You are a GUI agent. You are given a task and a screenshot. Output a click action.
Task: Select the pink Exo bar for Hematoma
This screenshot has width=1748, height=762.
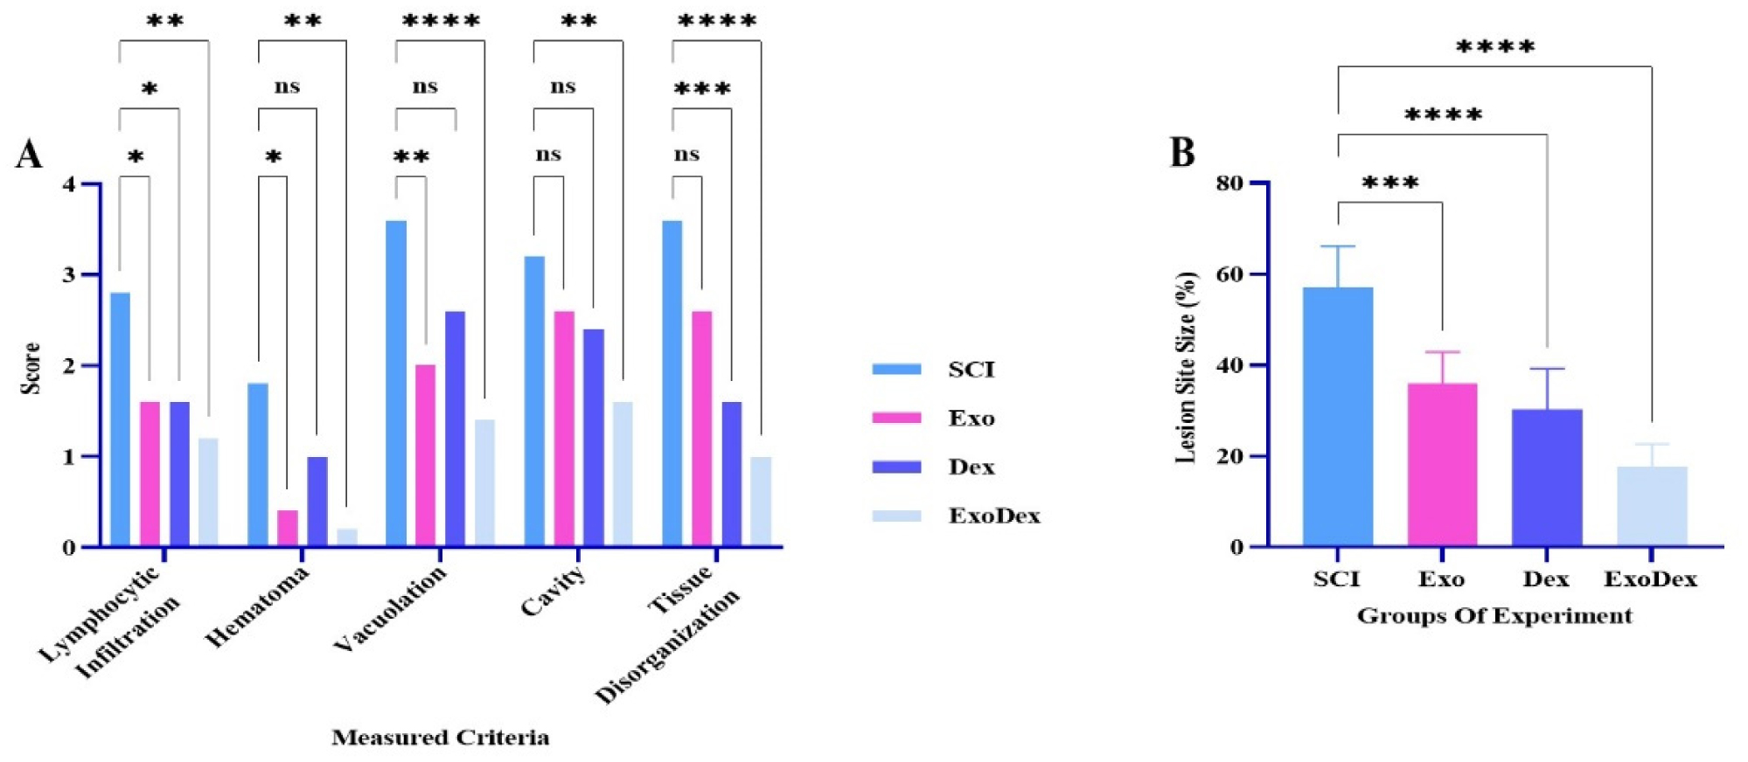[288, 528]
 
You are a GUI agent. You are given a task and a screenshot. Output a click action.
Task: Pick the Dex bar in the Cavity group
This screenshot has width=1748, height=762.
[593, 437]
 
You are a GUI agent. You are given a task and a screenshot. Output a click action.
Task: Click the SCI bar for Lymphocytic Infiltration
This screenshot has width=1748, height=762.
[120, 419]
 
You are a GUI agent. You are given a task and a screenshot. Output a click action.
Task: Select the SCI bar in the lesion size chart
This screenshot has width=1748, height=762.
[1337, 416]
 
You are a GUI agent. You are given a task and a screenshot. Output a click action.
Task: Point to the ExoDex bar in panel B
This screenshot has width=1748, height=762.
[1651, 506]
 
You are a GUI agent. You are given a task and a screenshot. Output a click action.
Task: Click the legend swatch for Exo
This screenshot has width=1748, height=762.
[896, 418]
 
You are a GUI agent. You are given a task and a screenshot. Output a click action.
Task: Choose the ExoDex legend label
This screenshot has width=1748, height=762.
[994, 516]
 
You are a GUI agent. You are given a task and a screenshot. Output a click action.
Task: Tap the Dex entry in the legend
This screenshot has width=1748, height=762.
[971, 467]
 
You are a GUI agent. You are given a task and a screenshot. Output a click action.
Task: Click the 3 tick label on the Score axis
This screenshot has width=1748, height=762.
[68, 275]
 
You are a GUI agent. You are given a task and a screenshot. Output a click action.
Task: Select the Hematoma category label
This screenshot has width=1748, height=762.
[257, 606]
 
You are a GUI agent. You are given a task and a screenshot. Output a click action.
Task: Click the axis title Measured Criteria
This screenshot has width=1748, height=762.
[440, 738]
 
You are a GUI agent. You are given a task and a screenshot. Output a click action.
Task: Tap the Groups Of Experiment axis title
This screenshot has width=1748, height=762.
[1494, 616]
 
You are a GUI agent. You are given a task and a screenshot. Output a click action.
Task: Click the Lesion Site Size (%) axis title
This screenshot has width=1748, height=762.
[1186, 367]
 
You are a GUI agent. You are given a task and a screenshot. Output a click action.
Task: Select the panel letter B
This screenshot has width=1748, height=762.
[1182, 152]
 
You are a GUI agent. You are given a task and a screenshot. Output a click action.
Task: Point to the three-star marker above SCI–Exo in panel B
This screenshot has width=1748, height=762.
[1389, 184]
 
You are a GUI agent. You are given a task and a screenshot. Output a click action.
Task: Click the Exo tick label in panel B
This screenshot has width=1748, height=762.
[1441, 578]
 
